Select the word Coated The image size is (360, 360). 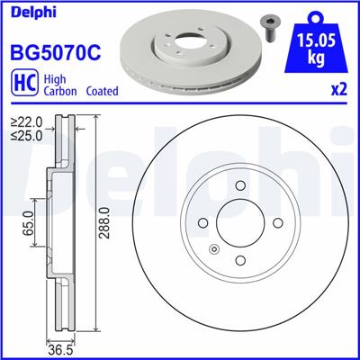tap(104, 92)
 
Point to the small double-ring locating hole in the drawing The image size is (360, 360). tap(213, 248)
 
